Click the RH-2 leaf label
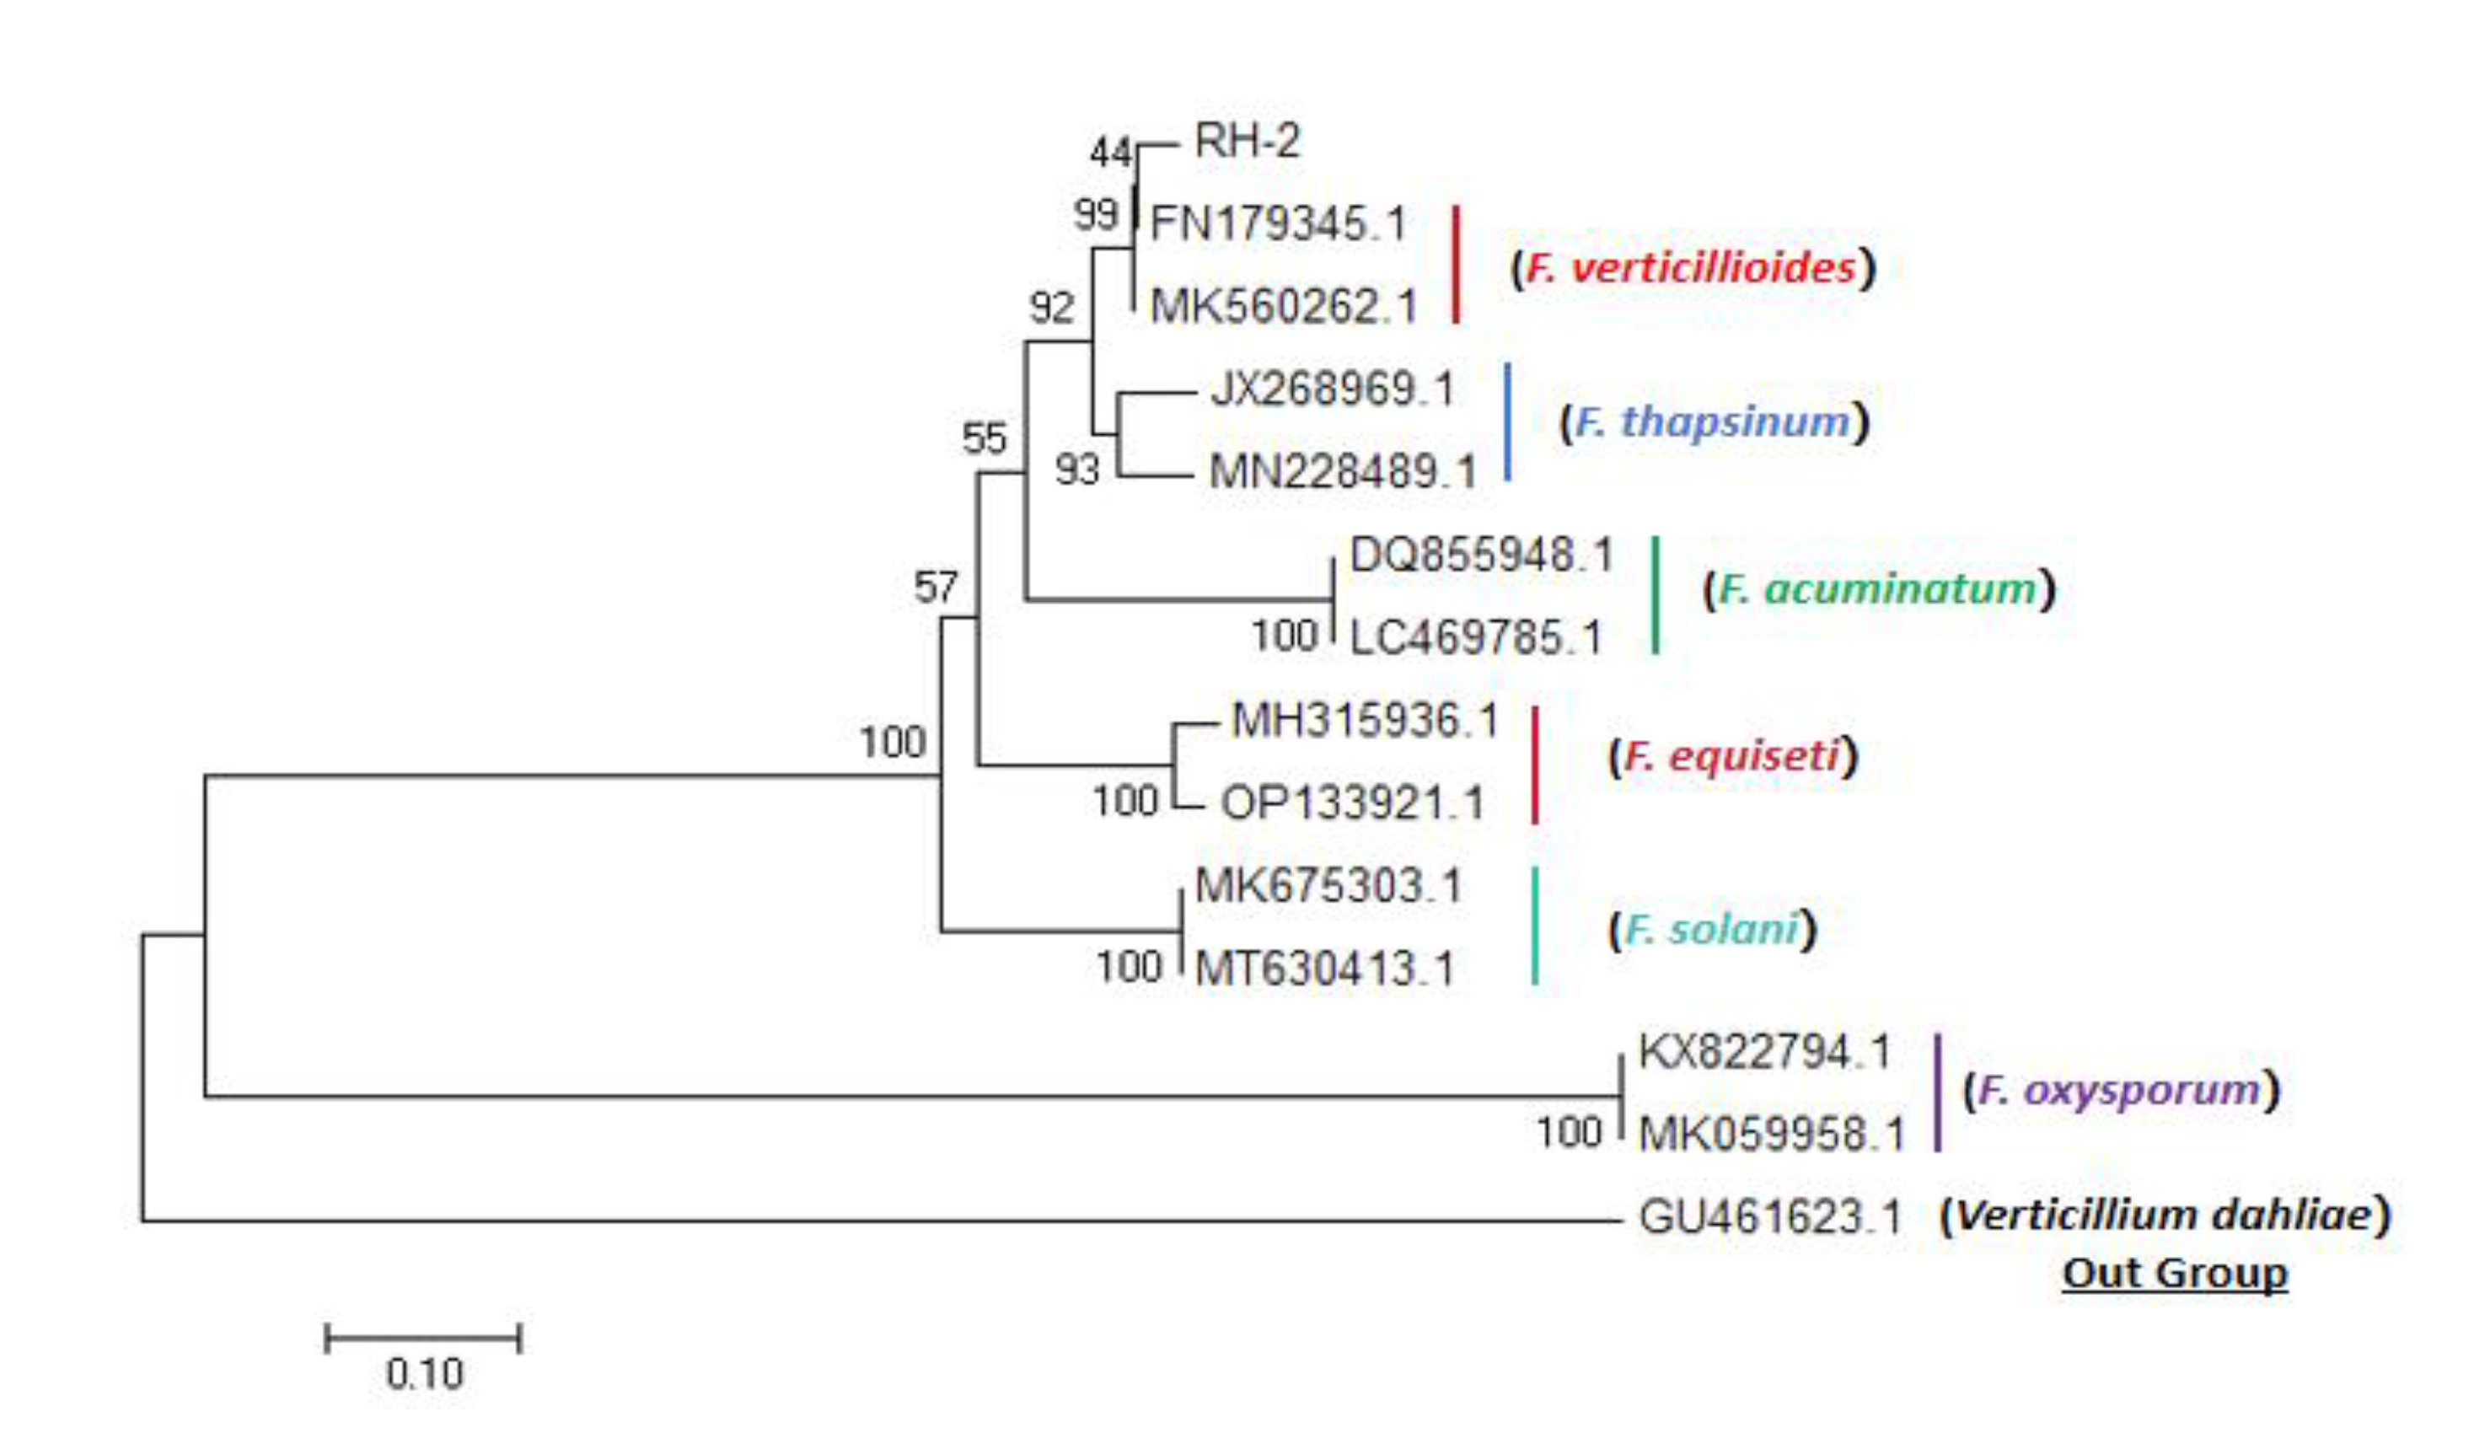pos(1247,142)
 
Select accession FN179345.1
pos(1278,225)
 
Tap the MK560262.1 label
pos(1283,307)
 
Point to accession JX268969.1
pos(1332,389)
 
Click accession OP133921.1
pos(1352,804)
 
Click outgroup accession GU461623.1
pos(1770,1218)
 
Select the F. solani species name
pos(1712,929)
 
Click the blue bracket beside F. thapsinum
pos(1508,422)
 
